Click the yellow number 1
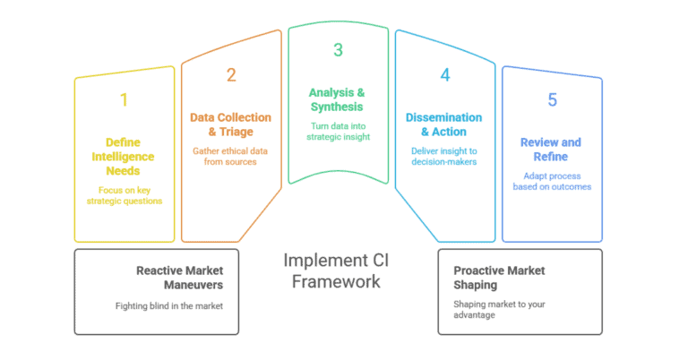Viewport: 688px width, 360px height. (124, 99)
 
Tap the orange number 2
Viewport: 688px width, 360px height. (231, 75)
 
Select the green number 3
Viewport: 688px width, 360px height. (338, 50)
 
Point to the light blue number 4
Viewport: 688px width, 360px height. (445, 75)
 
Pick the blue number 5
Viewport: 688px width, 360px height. (552, 99)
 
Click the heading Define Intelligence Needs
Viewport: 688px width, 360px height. (124, 156)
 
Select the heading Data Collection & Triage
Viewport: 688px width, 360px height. (231, 124)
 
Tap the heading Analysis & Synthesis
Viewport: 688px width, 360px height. (338, 99)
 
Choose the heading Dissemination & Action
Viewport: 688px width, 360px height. (445, 124)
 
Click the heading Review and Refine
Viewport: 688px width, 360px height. (552, 149)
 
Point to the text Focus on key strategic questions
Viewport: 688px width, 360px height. (124, 196)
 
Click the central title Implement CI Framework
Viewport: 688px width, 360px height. (337, 270)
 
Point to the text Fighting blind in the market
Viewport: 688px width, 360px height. (170, 306)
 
